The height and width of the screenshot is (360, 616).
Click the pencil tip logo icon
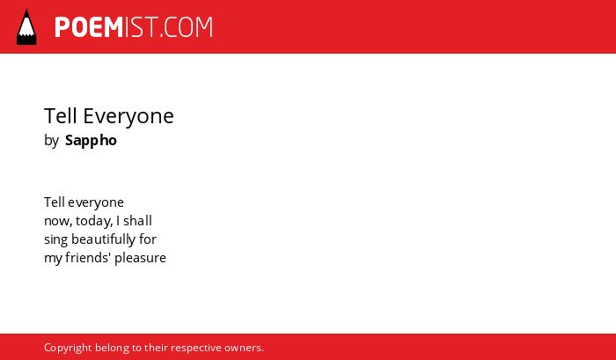click(26, 27)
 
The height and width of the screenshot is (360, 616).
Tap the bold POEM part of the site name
click(89, 27)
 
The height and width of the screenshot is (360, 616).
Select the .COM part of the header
click(187, 27)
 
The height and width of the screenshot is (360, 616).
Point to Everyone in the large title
click(128, 117)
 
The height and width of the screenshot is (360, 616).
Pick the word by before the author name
click(51, 141)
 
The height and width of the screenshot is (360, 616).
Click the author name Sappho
click(92, 141)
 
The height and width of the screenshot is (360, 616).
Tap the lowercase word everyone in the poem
click(96, 202)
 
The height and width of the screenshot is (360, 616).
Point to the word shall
click(137, 220)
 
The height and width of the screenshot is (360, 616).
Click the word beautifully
click(103, 239)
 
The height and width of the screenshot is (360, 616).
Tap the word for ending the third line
click(148, 239)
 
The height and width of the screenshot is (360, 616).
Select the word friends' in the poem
click(88, 257)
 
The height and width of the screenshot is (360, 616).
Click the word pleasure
click(140, 258)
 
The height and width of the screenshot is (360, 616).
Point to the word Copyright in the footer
click(68, 349)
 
